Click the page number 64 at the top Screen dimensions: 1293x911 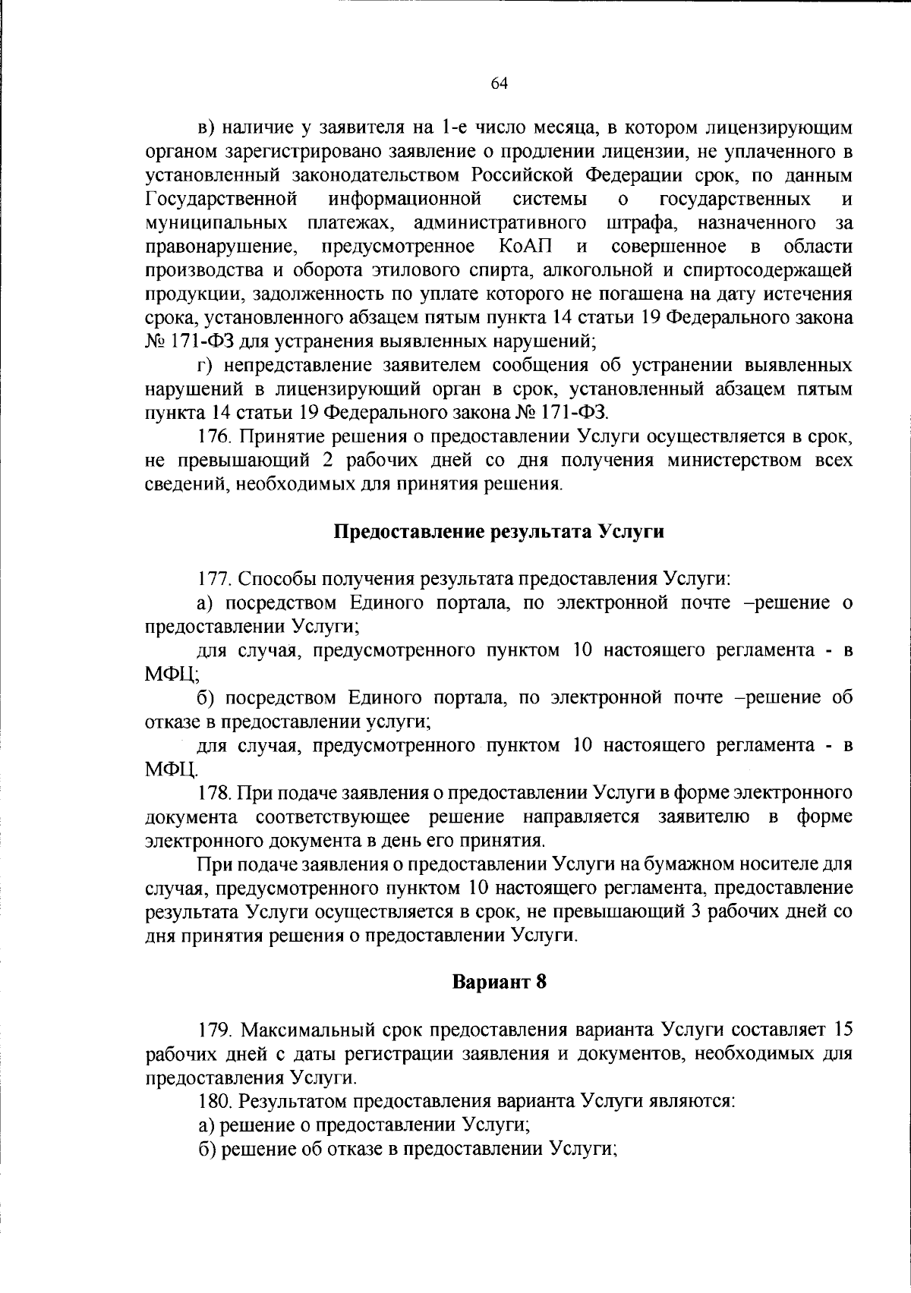click(499, 84)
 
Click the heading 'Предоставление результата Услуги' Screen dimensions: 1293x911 click(500, 531)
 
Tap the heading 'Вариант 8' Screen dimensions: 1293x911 click(499, 981)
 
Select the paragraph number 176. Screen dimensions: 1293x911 click(213, 437)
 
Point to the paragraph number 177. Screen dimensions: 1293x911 click(213, 579)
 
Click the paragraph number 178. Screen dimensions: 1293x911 click(213, 793)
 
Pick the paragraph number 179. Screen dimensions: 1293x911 click(213, 1030)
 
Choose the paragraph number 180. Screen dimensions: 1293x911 click(213, 1100)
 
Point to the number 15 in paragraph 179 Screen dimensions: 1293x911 click(843, 1030)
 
